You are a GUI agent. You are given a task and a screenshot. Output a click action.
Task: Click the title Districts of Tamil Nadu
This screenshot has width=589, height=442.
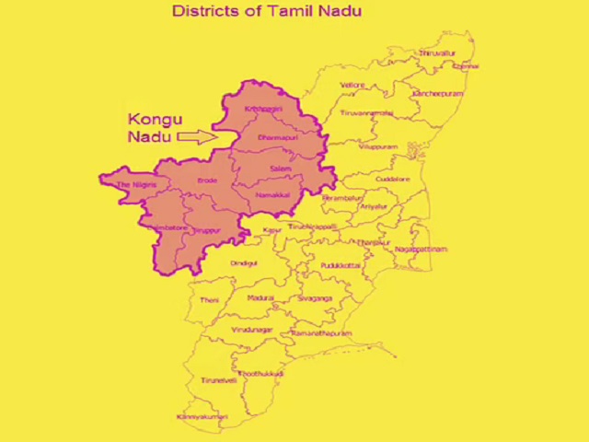point(267,11)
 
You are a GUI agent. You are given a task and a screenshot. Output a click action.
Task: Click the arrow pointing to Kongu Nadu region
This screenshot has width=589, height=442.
point(195,136)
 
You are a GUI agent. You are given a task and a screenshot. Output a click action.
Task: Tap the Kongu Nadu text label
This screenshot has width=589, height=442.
point(155,128)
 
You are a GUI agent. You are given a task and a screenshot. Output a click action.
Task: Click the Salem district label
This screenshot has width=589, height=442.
point(281,169)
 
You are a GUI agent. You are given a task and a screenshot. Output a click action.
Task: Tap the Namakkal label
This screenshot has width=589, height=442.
point(273,195)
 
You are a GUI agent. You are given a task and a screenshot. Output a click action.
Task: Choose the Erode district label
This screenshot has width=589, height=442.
point(207,180)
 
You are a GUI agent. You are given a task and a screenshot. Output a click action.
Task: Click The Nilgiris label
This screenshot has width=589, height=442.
point(136,185)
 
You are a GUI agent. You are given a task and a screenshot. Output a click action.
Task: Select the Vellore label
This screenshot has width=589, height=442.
point(352,85)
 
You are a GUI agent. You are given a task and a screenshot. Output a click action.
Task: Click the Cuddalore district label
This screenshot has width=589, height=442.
point(393,179)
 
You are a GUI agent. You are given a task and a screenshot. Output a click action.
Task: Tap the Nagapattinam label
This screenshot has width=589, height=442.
point(421,250)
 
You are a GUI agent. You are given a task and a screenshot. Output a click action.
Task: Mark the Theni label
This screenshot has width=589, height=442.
point(210,300)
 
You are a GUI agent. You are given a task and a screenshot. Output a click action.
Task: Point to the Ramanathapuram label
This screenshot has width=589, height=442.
point(321,332)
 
